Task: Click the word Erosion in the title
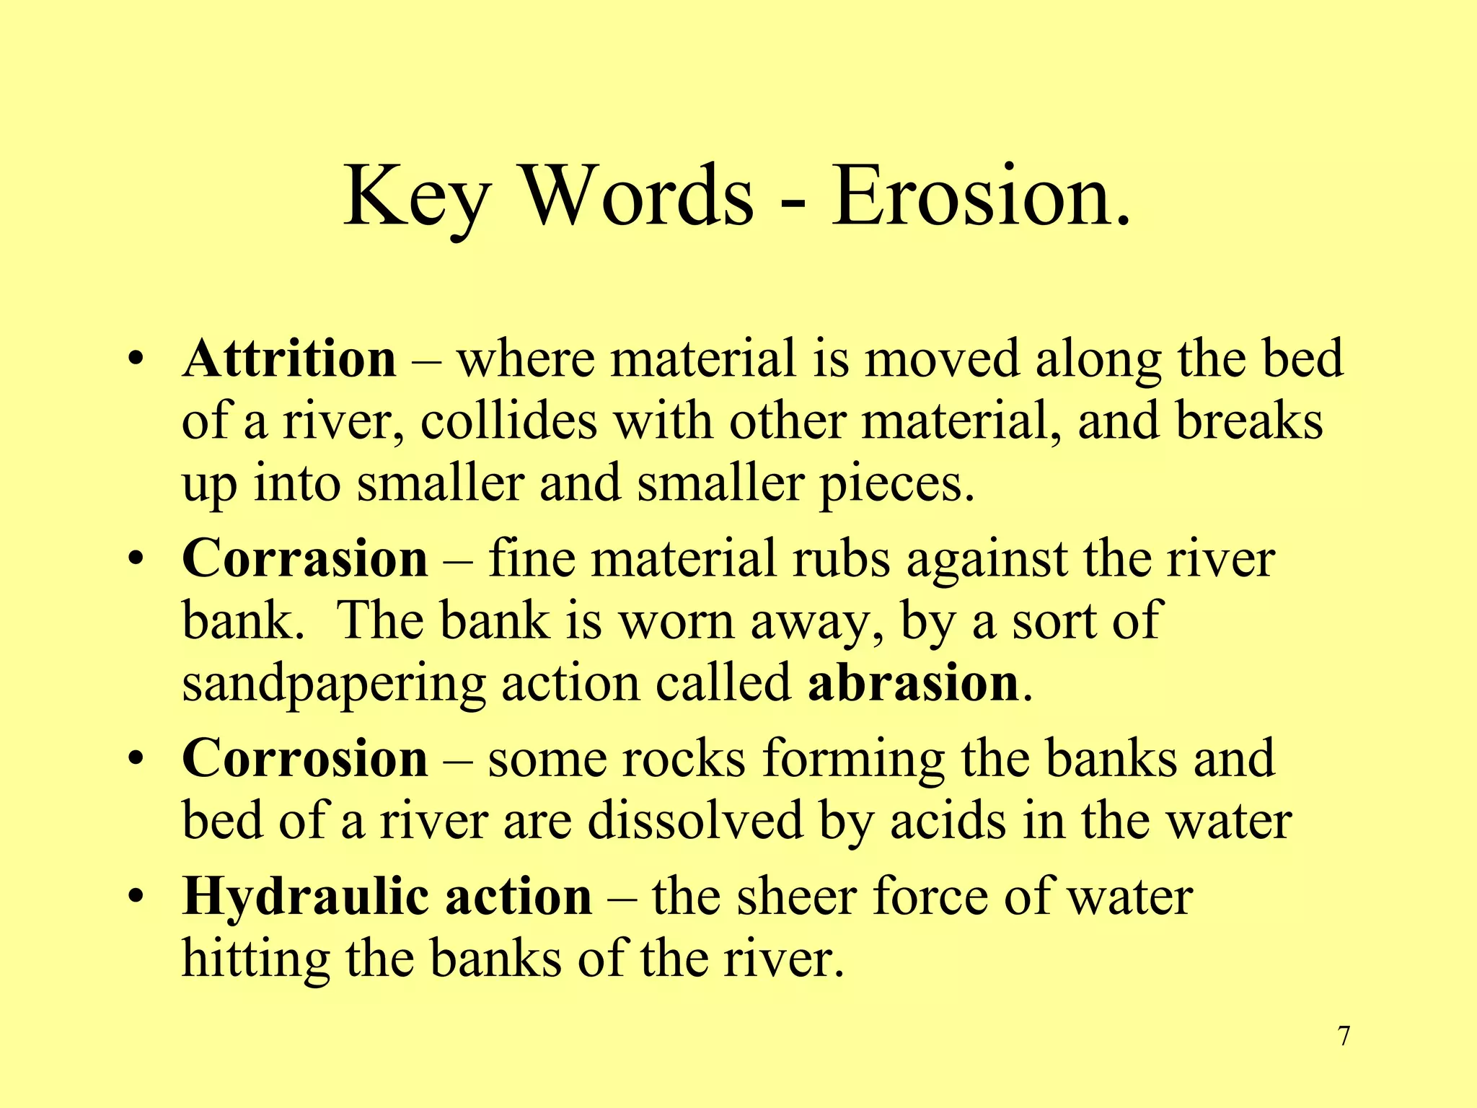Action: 981,196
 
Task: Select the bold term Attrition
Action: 289,359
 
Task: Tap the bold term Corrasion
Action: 305,558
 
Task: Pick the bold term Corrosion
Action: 305,758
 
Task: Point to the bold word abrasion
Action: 912,682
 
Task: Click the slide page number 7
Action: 1344,1037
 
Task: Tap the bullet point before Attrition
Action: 135,360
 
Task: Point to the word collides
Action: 508,421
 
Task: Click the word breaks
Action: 1250,421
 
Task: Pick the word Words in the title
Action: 638,196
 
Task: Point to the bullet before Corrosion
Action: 135,760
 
